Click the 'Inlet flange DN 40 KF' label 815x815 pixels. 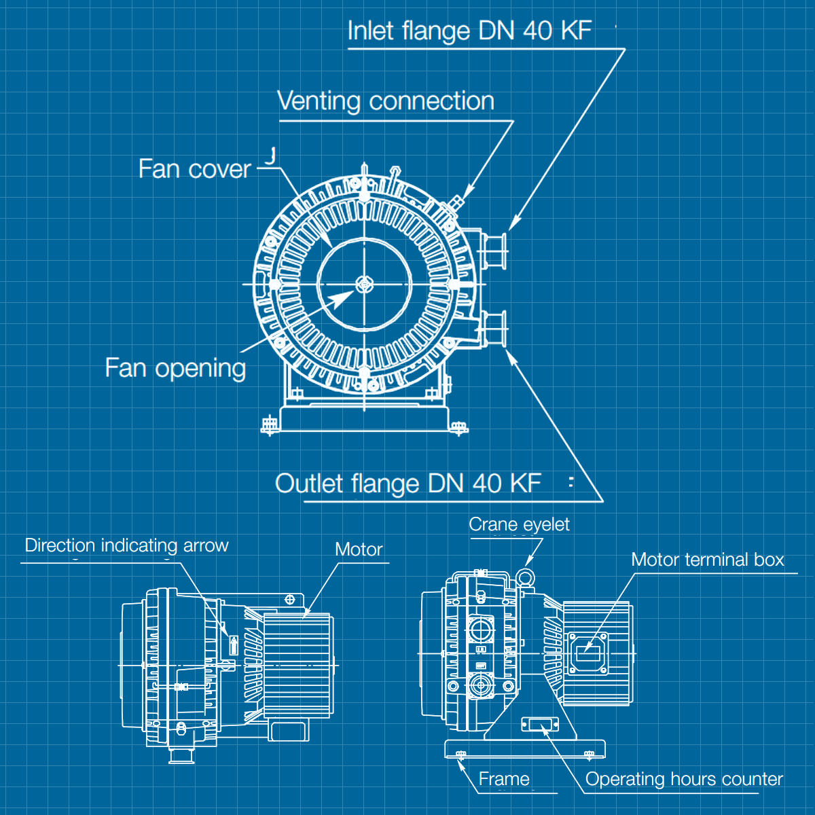click(469, 31)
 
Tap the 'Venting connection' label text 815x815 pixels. click(386, 101)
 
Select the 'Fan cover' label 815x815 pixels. click(194, 169)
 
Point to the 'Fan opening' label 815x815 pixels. click(175, 368)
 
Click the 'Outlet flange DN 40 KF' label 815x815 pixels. click(407, 484)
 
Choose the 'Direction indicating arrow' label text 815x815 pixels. click(126, 546)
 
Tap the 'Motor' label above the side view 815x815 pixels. click(359, 549)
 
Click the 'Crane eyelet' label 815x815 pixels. click(519, 525)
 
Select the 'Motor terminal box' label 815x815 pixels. click(707, 560)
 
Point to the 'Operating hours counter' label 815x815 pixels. click(684, 779)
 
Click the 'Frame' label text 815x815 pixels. click(504, 779)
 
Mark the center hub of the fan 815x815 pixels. click(365, 284)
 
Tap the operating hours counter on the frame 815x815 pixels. click(541, 725)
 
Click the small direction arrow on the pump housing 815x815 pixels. click(233, 645)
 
